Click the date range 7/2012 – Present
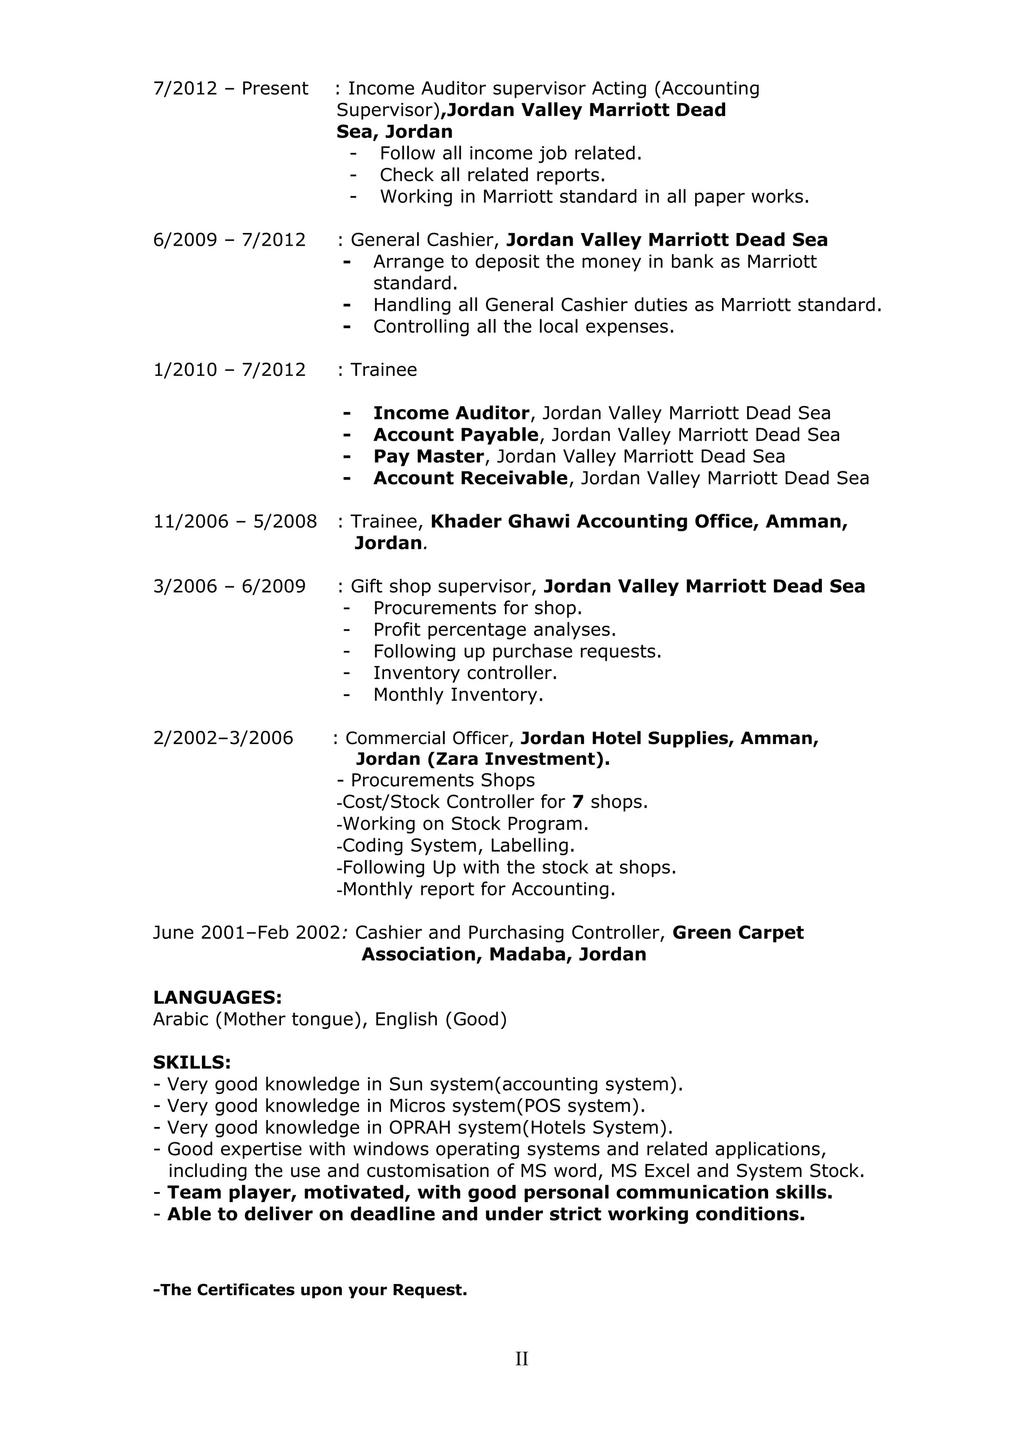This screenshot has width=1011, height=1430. coord(231,88)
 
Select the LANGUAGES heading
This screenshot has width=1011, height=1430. coord(217,997)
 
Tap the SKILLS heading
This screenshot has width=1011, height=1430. coord(192,1062)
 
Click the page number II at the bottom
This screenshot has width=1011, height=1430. coord(521,1358)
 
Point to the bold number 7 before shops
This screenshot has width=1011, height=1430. coord(578,802)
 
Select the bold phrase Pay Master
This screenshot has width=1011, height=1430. coord(428,456)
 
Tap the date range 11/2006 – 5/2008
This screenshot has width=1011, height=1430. coord(235,521)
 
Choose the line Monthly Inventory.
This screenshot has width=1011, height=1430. coord(458,694)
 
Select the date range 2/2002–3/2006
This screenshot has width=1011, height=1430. coord(223,738)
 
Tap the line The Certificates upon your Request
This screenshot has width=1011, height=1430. coord(310,1289)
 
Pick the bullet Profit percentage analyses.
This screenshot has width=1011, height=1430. coord(494,630)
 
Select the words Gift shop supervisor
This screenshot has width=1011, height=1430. coord(443,587)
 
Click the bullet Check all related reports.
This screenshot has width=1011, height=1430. coord(492,175)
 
